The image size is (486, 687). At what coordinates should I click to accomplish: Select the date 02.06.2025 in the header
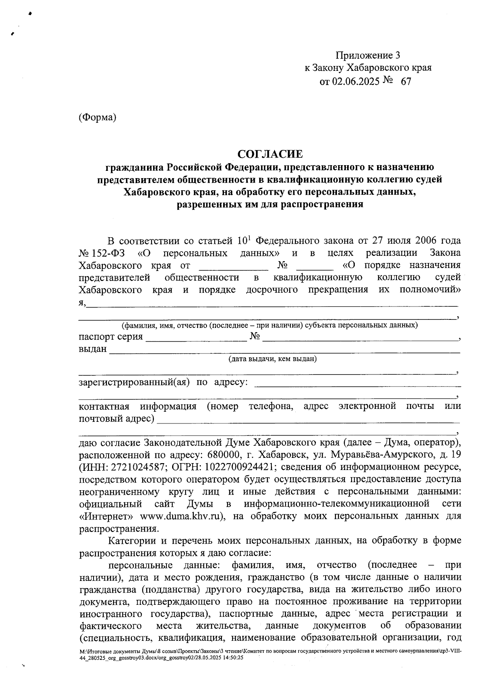click(356, 81)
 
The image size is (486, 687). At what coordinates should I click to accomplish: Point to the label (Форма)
click(98, 117)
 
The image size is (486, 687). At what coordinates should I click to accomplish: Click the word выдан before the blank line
click(93, 349)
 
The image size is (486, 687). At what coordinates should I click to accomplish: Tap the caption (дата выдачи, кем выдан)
click(272, 359)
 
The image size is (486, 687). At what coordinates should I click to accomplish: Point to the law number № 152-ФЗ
click(102, 253)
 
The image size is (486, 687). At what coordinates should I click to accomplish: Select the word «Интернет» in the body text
click(107, 517)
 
